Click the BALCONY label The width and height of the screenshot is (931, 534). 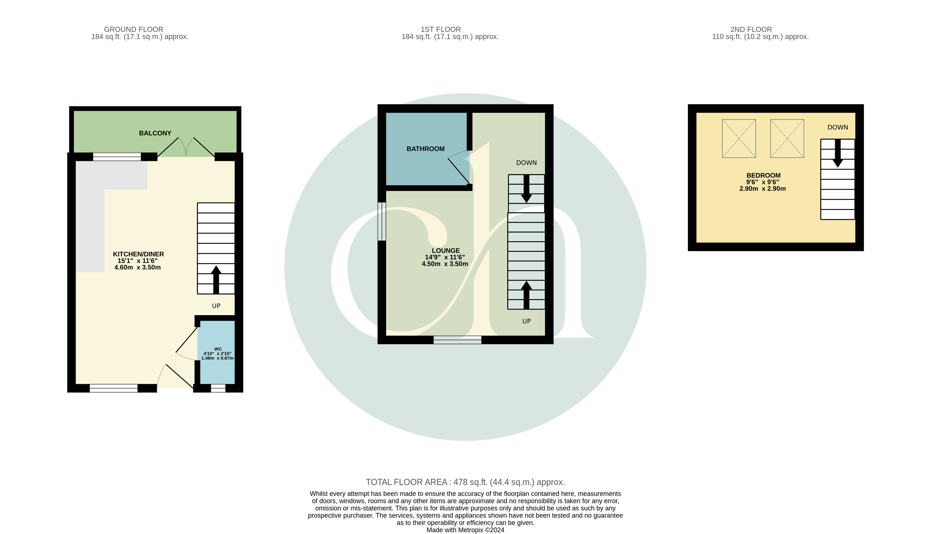155,133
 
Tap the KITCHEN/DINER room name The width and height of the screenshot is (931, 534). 138,254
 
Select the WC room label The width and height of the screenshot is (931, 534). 218,349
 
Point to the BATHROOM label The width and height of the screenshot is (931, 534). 425,149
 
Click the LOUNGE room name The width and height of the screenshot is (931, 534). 445,250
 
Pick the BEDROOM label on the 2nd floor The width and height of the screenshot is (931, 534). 763,175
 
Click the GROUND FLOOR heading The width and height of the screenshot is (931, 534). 134,29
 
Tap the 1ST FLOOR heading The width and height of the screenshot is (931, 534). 440,29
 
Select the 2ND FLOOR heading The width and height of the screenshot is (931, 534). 751,29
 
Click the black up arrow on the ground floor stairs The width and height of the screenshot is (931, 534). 216,280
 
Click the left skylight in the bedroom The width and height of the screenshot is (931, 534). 739,139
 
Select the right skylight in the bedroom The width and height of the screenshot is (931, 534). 787,139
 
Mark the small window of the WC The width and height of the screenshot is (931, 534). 218,388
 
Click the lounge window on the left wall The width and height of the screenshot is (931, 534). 382,222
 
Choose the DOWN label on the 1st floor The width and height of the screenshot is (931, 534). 526,163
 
